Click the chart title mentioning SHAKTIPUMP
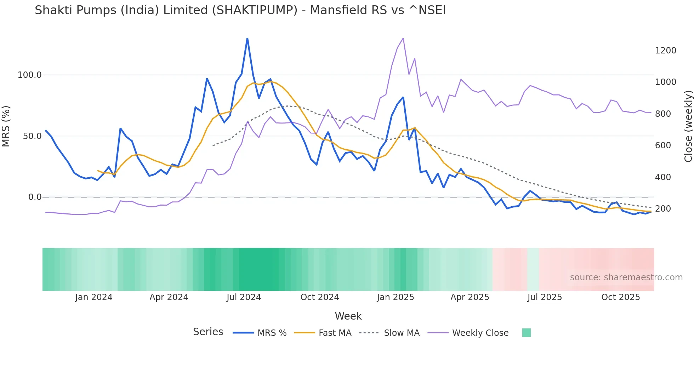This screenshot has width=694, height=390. pyautogui.click(x=240, y=10)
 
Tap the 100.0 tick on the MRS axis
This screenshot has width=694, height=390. pyautogui.click(x=30, y=75)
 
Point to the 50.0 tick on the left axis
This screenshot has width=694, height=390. pyautogui.click(x=32, y=136)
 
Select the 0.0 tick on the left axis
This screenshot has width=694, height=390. pyautogui.click(x=35, y=197)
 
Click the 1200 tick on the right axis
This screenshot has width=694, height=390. pyautogui.click(x=665, y=51)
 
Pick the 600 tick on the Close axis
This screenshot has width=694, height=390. pyautogui.click(x=663, y=145)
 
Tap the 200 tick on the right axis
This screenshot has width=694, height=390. pyautogui.click(x=663, y=209)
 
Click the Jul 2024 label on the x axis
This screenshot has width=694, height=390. pyautogui.click(x=244, y=297)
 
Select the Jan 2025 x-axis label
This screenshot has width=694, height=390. pyautogui.click(x=395, y=297)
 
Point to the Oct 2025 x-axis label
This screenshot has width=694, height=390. pyautogui.click(x=620, y=297)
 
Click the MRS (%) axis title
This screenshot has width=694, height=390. pyautogui.click(x=6, y=126)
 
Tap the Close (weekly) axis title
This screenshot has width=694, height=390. pyautogui.click(x=688, y=126)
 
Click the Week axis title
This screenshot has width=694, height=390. pyautogui.click(x=348, y=316)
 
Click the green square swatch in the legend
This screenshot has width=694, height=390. pyautogui.click(x=526, y=333)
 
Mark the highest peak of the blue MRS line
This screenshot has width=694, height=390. pyautogui.click(x=247, y=39)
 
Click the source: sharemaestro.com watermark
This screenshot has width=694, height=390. pyautogui.click(x=626, y=277)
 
